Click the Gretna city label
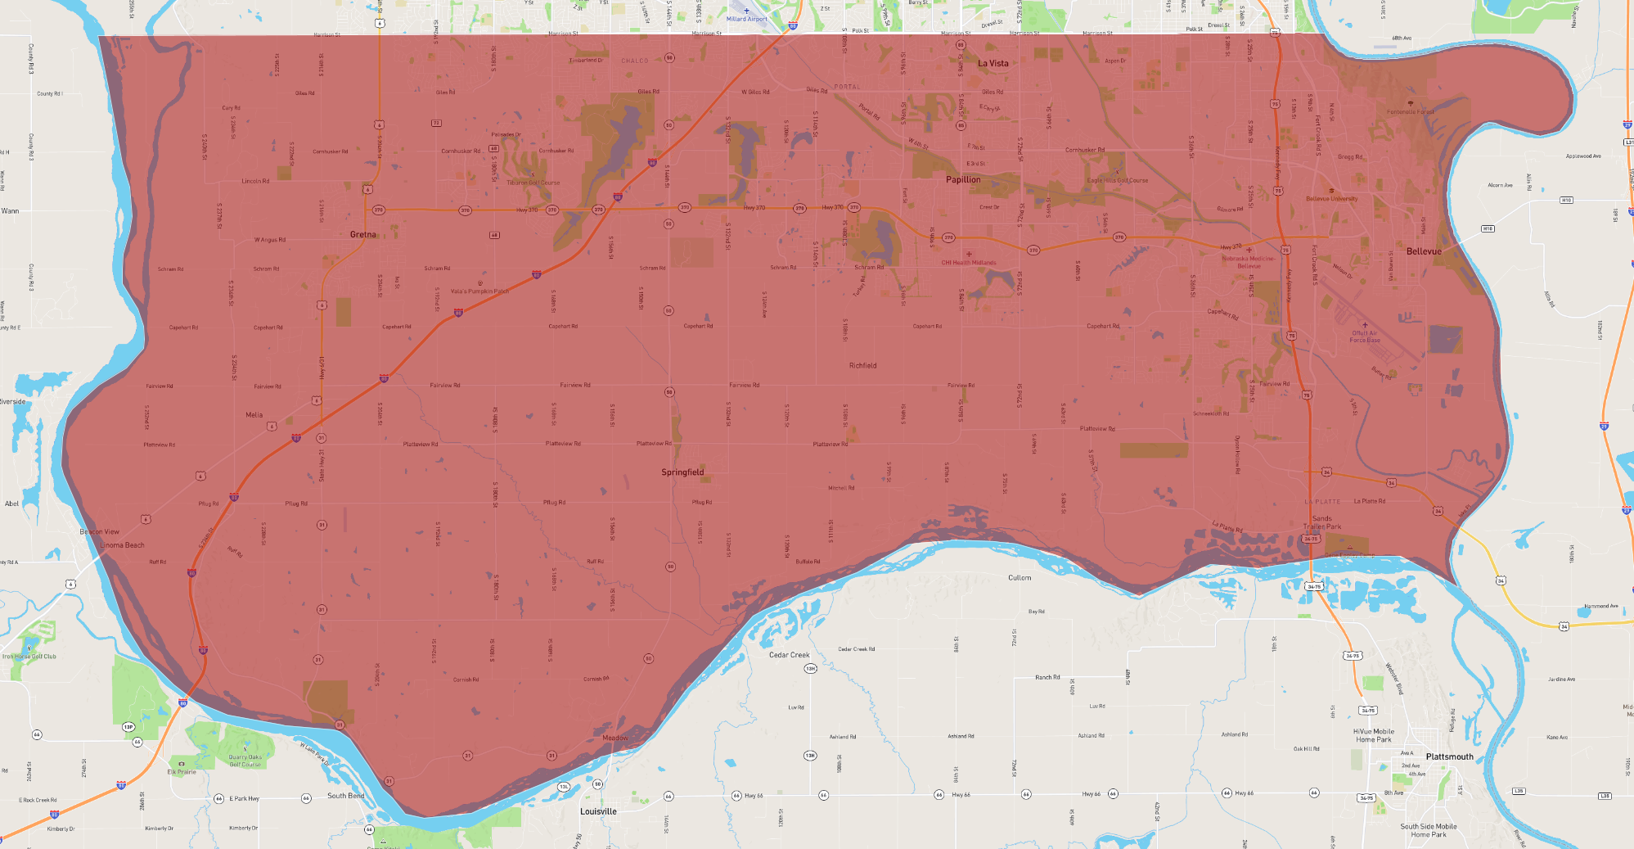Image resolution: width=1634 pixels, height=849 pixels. tap(363, 235)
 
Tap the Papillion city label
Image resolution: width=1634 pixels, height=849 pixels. tap(963, 179)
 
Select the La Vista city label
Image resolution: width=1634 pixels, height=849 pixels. tap(993, 63)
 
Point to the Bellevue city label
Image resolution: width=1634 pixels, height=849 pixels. tap(1424, 251)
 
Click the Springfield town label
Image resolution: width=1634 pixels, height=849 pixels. tap(682, 472)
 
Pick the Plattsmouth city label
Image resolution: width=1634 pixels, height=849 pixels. tap(1449, 756)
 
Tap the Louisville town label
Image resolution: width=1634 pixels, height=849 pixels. tap(598, 811)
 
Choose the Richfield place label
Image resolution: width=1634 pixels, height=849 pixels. tap(862, 366)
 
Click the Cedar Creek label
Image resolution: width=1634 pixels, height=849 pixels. tap(789, 655)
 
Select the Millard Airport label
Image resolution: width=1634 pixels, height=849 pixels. tap(747, 19)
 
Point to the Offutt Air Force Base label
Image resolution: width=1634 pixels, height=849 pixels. tap(1365, 336)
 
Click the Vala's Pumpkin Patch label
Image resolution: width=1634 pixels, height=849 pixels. tap(479, 291)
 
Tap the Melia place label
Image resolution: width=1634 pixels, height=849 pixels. tap(254, 415)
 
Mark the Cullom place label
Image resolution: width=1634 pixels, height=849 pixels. tap(1020, 578)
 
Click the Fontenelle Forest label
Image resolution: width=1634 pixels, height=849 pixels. tap(1411, 112)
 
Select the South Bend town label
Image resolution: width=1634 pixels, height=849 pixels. tap(345, 796)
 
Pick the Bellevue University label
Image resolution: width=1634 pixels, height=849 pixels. tap(1331, 199)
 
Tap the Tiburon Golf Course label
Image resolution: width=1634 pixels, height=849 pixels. tap(533, 183)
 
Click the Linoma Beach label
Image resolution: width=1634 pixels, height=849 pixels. tap(122, 545)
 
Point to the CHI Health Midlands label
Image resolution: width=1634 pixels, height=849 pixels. tap(969, 263)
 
